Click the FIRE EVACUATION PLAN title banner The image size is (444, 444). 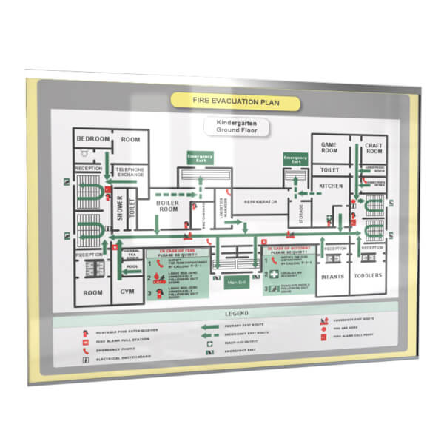(x=236, y=101)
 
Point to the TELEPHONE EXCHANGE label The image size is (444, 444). (x=130, y=174)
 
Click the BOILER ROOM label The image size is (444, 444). (x=166, y=205)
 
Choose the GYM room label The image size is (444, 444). (x=127, y=292)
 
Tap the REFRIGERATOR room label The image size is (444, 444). (x=260, y=201)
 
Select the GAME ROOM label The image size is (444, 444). (x=329, y=148)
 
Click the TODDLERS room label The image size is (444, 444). (x=369, y=275)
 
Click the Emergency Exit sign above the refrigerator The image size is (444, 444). (x=295, y=159)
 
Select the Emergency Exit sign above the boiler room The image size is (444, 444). (x=199, y=158)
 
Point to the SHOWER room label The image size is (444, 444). (x=117, y=207)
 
